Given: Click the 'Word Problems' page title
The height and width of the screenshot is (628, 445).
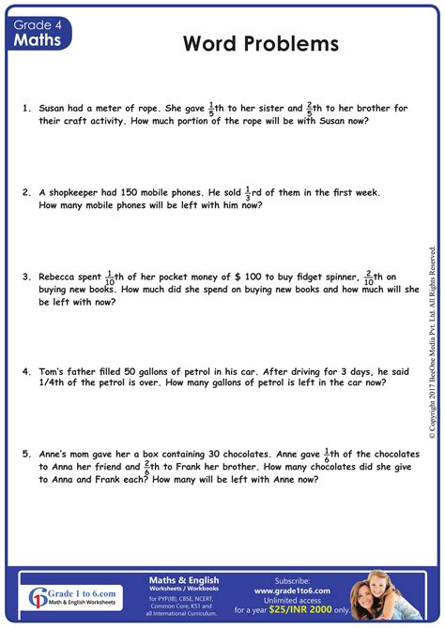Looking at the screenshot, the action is pyautogui.click(x=261, y=44).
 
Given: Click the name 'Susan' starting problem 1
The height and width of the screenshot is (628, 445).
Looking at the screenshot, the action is pyautogui.click(x=54, y=109).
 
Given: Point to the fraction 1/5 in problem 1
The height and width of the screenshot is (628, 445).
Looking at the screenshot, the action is pyautogui.click(x=211, y=108).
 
